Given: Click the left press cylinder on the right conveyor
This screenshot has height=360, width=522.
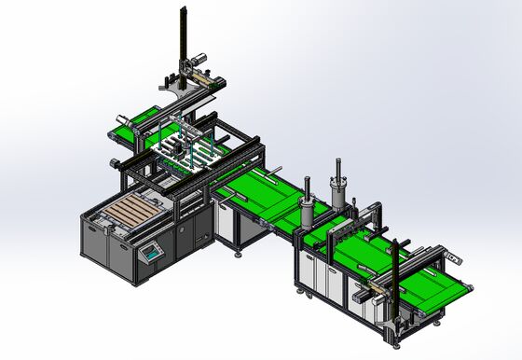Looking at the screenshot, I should (306, 212).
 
